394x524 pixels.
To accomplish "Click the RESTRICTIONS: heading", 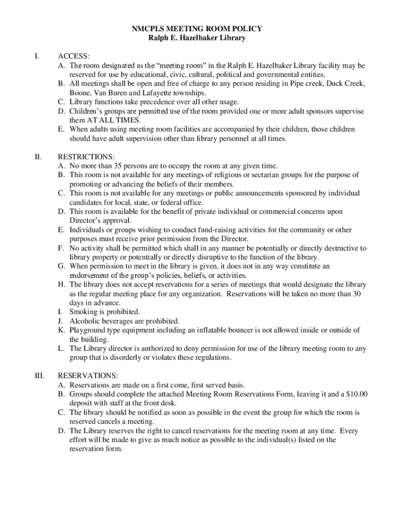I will (86, 157).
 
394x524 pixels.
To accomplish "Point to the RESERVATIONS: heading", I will (88, 376).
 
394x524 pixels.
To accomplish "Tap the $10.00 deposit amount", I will (357, 394).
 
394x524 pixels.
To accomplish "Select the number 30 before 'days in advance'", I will (357, 294).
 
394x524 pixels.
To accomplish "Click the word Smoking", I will (83, 312).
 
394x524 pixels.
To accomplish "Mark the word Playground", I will (87, 330).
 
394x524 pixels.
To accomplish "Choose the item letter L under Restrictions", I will (61, 348).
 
